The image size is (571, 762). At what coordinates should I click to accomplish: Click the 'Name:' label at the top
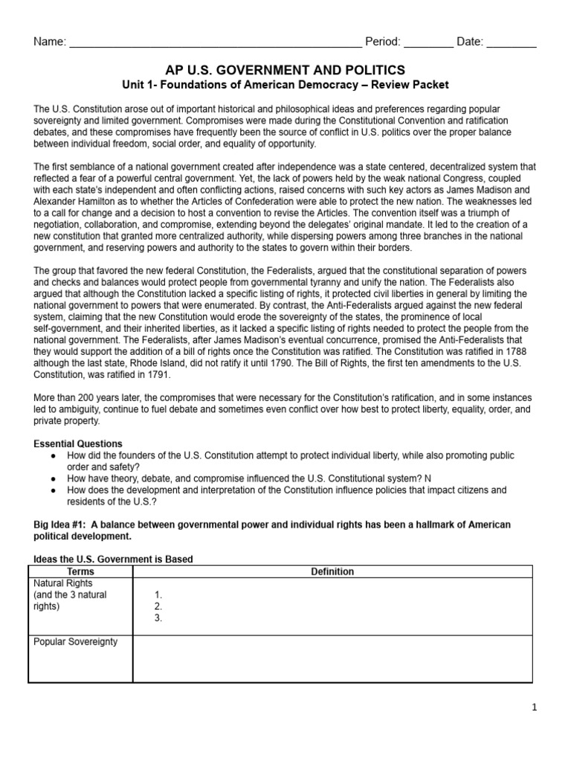(x=50, y=42)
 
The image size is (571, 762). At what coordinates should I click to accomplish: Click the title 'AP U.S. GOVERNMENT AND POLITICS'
(x=285, y=70)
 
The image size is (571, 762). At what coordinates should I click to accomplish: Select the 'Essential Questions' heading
(x=78, y=444)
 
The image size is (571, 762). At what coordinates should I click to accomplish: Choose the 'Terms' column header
(x=80, y=571)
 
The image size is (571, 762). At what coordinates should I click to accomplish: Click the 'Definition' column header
(x=332, y=571)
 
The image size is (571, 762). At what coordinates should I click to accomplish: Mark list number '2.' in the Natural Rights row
(x=158, y=606)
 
